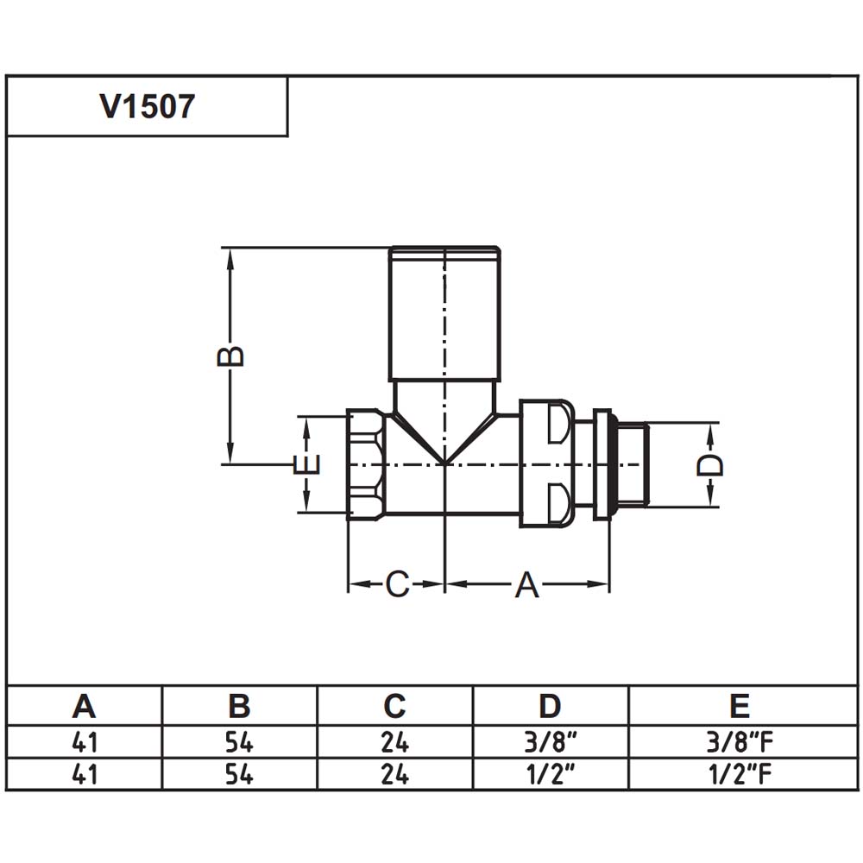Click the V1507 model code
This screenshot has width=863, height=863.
(147, 106)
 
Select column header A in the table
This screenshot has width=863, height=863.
(84, 706)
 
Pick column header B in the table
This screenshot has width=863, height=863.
(239, 706)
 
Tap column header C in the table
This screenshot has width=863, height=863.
(394, 706)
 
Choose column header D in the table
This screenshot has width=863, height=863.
(550, 706)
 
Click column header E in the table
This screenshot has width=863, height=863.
(740, 706)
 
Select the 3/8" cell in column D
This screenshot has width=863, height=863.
(550, 742)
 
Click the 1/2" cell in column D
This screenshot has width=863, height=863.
(550, 774)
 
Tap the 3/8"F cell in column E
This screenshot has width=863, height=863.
(740, 742)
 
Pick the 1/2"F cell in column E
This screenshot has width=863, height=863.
(740, 774)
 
